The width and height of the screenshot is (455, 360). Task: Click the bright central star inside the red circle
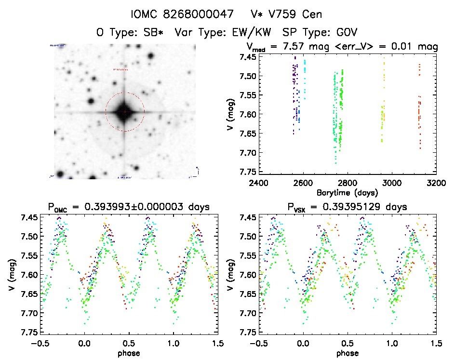point(125,112)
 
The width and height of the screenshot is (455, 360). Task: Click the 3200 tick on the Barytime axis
point(436,183)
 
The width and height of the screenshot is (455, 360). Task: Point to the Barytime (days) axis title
point(347,193)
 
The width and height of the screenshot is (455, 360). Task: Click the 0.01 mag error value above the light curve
point(409,47)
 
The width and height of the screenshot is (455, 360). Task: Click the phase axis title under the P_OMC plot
point(129,353)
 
